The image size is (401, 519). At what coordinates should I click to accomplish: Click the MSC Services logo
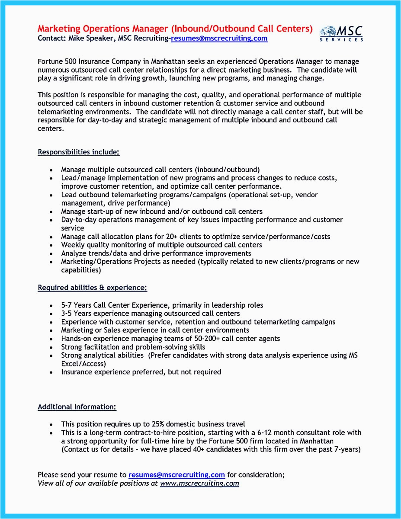point(341,33)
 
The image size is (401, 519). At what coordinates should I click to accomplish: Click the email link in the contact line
point(219,38)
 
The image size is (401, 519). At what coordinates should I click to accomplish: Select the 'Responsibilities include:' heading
point(78,152)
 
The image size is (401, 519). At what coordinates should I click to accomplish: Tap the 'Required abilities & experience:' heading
point(92,288)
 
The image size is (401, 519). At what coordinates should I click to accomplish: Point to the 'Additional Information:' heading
point(77,407)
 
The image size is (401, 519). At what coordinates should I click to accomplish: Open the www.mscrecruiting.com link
point(199,483)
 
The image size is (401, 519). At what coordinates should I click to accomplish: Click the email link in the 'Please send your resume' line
point(176,474)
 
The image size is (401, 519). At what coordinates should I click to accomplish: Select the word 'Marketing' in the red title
point(59,29)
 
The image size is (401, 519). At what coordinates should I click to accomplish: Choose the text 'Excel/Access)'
point(83,364)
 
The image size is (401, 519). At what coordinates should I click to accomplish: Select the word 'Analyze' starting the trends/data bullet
point(74,253)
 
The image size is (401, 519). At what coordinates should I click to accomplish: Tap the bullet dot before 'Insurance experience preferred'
point(51,372)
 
